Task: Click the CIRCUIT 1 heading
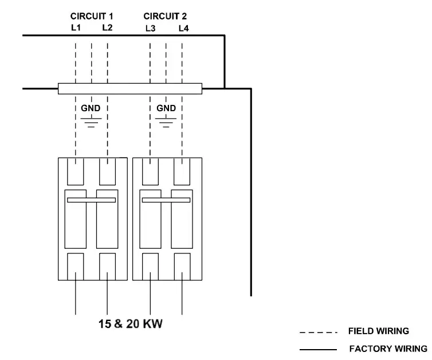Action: coord(92,16)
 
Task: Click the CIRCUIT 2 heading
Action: coord(165,16)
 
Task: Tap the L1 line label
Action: coord(76,28)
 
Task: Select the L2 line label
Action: coord(108,28)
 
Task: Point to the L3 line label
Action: coord(150,28)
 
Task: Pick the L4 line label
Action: coord(183,28)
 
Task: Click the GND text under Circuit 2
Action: coord(166,108)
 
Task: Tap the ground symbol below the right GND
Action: coord(166,122)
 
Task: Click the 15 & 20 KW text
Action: coord(130,324)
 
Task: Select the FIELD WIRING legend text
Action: coord(378,331)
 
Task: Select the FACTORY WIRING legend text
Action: coord(388,349)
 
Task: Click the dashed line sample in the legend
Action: coord(318,332)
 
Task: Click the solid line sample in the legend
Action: coord(318,349)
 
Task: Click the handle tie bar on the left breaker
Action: coord(92,200)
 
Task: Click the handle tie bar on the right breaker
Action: coord(166,200)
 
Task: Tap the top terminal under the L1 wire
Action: coord(76,171)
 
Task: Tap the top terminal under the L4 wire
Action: coord(182,171)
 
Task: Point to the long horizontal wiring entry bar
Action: coord(130,88)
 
